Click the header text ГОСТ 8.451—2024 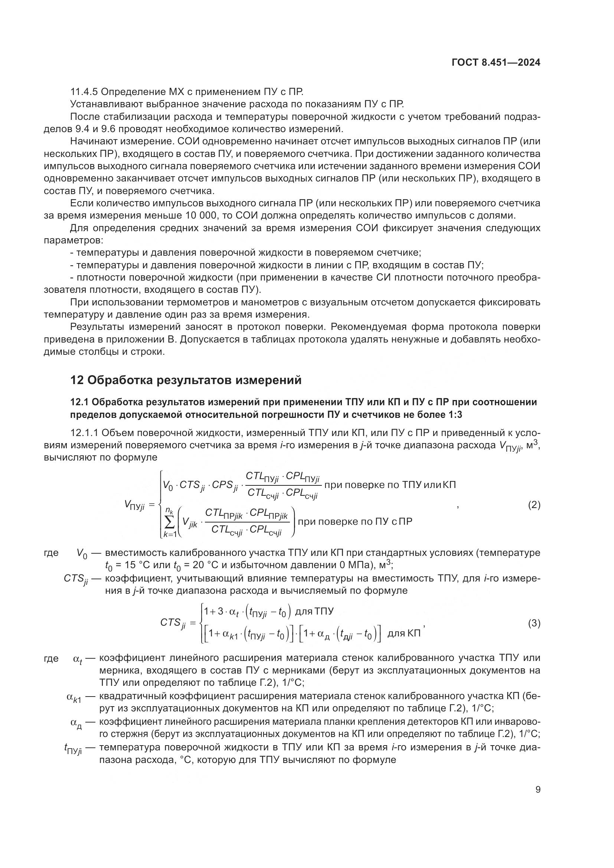click(496, 63)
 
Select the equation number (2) click(534, 505)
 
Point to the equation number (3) click(534, 623)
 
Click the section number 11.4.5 click(84, 92)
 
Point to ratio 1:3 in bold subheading click(455, 415)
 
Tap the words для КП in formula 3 click(404, 633)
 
